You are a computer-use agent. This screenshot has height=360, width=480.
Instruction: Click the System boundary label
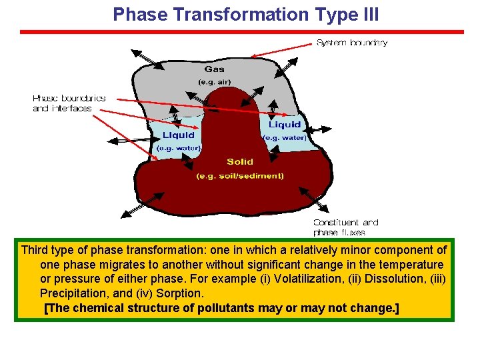(351, 43)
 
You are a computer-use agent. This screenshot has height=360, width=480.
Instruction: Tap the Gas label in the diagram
(214, 69)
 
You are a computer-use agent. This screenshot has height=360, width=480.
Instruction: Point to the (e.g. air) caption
(214, 82)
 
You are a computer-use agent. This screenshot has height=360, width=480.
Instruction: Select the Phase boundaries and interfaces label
(69, 103)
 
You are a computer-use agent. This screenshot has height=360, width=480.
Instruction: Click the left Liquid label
(179, 135)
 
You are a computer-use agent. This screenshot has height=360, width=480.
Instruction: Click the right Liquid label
(285, 125)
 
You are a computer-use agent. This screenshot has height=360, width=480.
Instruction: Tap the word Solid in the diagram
(239, 162)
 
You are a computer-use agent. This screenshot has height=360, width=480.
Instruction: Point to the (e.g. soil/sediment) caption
(239, 176)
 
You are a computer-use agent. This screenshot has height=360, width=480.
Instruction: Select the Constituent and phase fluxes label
(345, 227)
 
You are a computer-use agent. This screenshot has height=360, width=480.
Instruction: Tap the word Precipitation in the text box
(72, 293)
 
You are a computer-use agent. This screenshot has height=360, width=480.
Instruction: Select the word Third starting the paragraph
(35, 250)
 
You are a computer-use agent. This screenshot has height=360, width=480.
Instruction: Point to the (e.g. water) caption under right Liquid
(285, 138)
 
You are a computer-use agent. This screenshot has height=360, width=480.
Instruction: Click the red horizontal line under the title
(241, 31)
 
